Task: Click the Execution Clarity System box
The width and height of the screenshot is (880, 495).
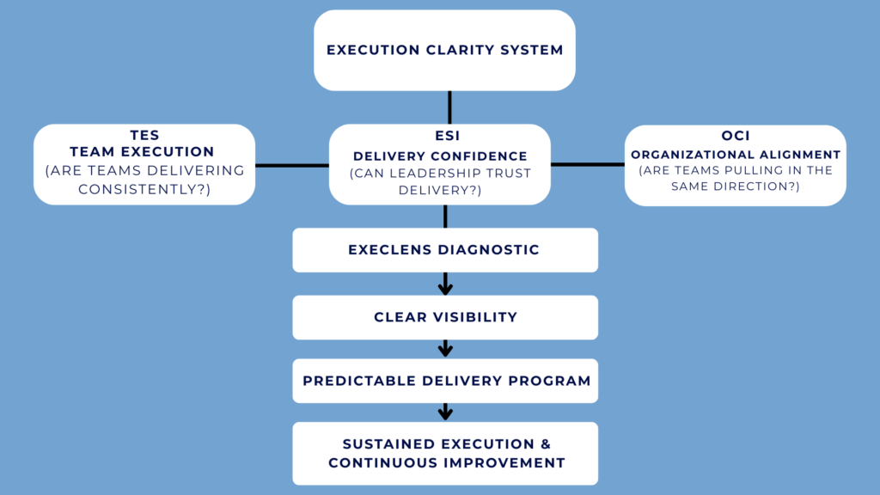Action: [x=444, y=50]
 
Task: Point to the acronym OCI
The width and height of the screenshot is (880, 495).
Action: [x=736, y=137]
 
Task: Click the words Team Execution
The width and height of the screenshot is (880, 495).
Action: [x=142, y=152]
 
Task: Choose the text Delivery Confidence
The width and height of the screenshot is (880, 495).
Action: [x=440, y=156]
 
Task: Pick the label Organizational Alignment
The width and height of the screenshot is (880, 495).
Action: [x=736, y=154]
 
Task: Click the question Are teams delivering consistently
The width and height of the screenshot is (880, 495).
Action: [x=144, y=180]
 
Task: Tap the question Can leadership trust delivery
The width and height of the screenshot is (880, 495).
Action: [x=440, y=181]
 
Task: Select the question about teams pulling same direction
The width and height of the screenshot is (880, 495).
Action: [x=736, y=178]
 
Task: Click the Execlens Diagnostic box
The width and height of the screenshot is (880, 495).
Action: [x=444, y=250]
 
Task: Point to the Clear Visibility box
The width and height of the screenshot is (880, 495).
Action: [x=444, y=317]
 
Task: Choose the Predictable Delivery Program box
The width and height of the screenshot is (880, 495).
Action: [x=444, y=381]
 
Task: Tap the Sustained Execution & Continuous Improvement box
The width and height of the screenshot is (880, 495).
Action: [x=444, y=453]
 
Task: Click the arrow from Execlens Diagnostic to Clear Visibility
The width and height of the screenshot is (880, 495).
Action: [x=445, y=284]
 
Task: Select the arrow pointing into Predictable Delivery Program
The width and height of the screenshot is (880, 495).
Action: [x=445, y=348]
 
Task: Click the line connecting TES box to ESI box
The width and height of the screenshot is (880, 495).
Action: [x=292, y=165]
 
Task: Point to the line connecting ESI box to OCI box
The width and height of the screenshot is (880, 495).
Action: [x=587, y=164]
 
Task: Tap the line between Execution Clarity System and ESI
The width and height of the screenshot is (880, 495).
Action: [x=449, y=107]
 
